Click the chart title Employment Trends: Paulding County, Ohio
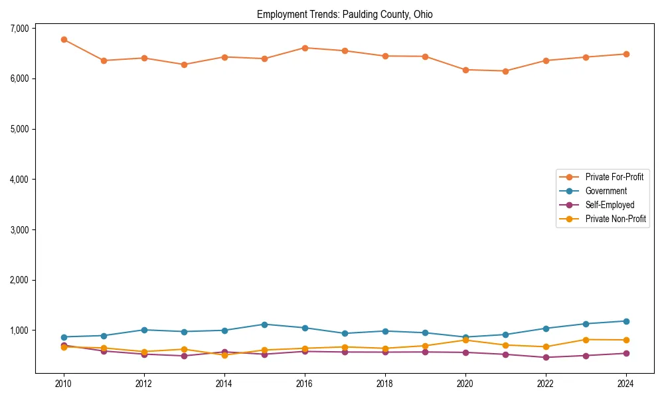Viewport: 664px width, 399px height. [x=345, y=15]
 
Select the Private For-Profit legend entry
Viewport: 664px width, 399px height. [x=614, y=177]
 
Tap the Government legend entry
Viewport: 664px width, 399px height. [x=606, y=191]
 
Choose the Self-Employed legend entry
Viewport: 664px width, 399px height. [x=610, y=205]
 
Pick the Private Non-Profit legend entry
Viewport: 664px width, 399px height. [x=616, y=219]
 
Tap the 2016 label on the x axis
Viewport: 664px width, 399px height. [x=305, y=384]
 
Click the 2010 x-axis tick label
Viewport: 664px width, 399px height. [x=64, y=384]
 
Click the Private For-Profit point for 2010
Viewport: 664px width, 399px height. [x=64, y=39]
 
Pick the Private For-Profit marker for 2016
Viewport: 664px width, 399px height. [x=305, y=48]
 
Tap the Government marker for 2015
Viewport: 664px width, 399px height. [x=265, y=325]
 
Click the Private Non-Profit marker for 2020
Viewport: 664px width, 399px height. [x=465, y=340]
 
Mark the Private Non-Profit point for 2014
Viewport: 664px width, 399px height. [x=224, y=355]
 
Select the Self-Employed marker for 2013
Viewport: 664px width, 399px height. [x=185, y=356]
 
